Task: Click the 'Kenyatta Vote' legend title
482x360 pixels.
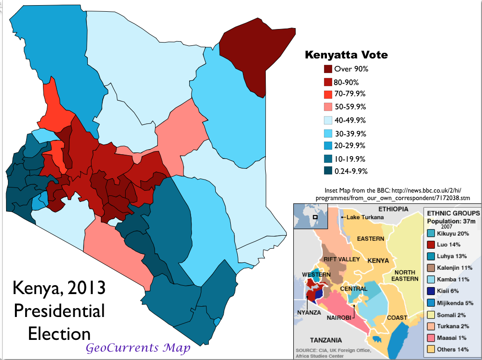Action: coord(346,55)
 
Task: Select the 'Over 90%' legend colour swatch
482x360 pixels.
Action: coord(328,69)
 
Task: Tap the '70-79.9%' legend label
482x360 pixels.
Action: coord(350,94)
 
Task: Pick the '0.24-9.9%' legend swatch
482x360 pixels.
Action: coord(328,171)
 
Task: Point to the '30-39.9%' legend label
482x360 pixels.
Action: coord(350,133)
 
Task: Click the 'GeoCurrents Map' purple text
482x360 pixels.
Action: coord(138,348)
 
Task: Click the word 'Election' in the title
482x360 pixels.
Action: coord(59,334)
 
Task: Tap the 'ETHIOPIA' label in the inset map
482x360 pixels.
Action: coord(393,209)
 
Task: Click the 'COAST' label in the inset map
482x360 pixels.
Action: coord(397,318)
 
